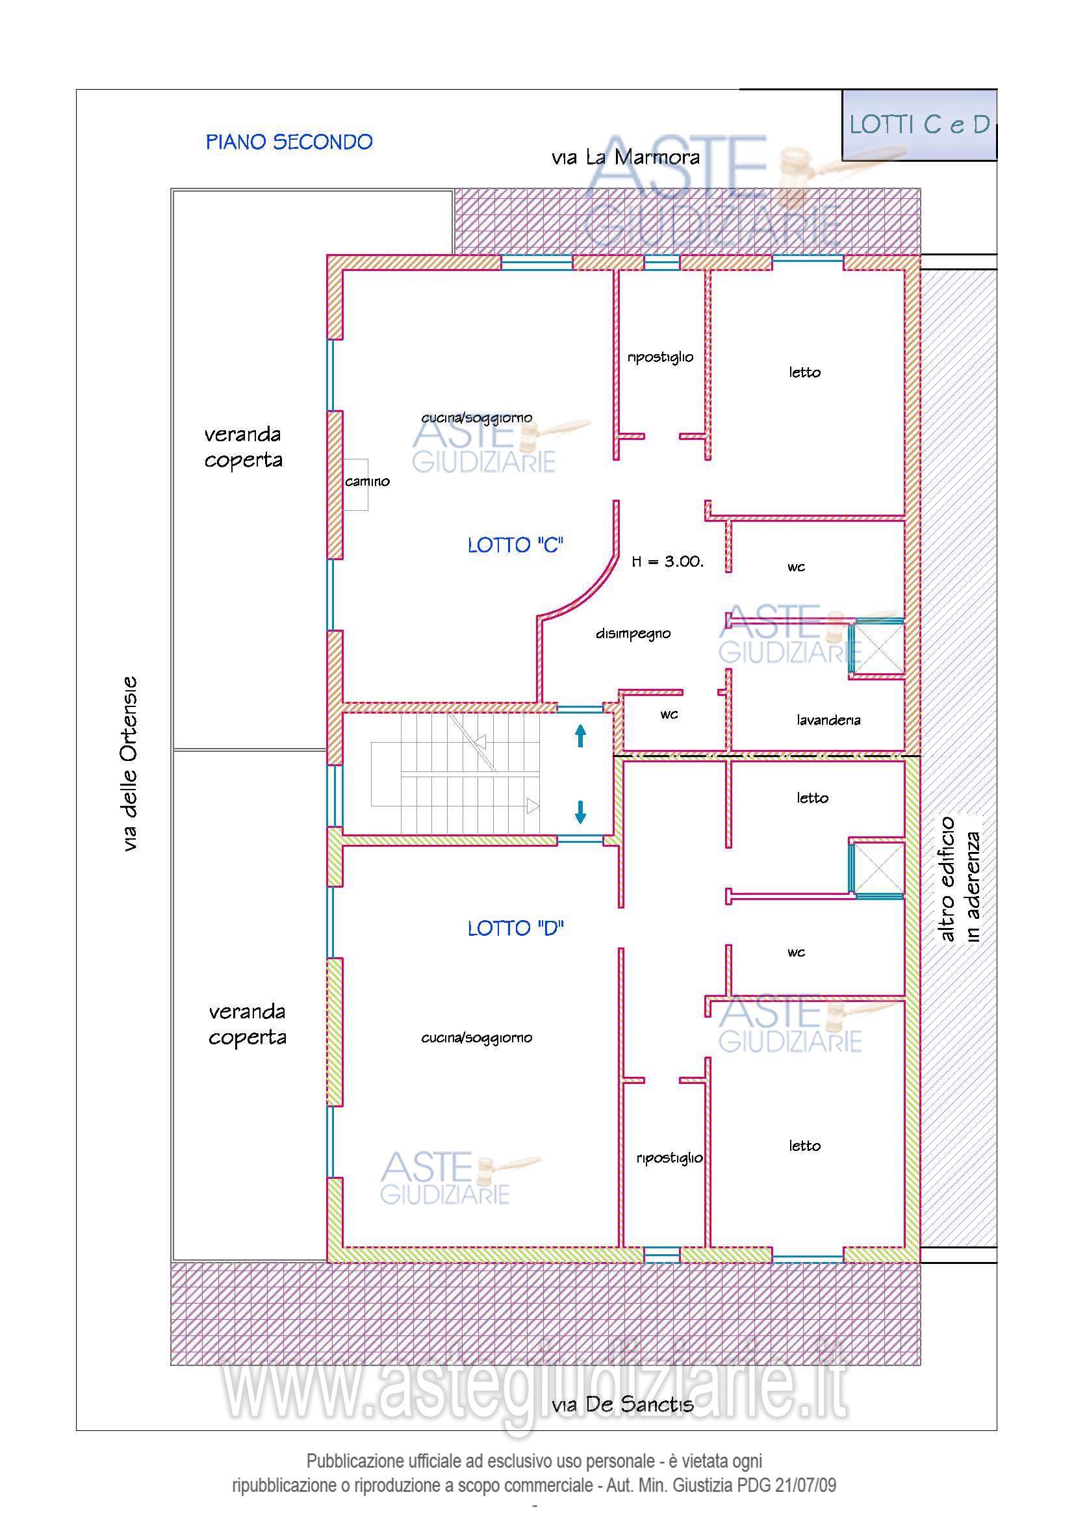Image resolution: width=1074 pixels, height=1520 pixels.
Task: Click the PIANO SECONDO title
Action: point(289,142)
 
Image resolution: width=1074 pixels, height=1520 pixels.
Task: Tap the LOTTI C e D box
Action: point(919,125)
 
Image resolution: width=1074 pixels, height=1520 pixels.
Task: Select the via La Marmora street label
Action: point(625,157)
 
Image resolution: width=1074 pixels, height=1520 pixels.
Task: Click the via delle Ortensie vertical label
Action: point(131,764)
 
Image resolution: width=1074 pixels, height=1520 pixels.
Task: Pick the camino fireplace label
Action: point(367,482)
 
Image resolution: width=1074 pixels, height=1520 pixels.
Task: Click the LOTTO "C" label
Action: point(515,545)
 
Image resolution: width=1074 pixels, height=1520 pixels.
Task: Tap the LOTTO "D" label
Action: point(515,929)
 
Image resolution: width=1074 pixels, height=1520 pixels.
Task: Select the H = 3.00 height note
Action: point(668,561)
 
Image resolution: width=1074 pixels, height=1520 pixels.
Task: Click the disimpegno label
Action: point(633,634)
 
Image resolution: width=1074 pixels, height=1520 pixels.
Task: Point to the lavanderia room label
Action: point(828,719)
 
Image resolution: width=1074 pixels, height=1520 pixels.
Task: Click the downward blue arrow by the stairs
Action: point(580,812)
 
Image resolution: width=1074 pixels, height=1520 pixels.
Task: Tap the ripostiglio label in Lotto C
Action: point(660,357)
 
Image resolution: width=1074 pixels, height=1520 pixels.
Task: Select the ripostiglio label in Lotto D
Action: point(670,1158)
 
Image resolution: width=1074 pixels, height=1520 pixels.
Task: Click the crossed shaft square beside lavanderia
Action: point(878,647)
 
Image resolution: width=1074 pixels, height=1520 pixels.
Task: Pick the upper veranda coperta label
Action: point(244,447)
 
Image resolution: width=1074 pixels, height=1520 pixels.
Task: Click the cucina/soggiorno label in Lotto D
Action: point(477,1038)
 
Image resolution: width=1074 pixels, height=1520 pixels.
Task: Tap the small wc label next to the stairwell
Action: point(669,714)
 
